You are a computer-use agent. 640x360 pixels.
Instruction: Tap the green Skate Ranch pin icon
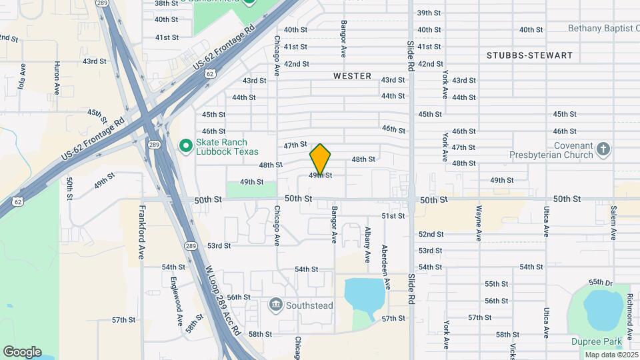[186, 144]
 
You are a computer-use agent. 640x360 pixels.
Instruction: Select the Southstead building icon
[275, 305]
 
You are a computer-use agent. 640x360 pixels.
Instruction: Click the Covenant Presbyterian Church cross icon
[603, 149]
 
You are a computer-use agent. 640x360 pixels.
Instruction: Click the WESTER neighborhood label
[352, 76]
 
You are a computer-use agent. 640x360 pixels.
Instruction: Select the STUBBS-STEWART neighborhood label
[529, 55]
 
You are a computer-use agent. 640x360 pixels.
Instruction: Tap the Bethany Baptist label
[603, 29]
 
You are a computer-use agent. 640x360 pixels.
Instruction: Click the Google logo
[22, 352]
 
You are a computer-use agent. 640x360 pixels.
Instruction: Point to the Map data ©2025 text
[611, 355]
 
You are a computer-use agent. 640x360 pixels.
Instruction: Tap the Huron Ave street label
[57, 77]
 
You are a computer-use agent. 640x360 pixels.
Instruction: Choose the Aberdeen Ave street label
[385, 267]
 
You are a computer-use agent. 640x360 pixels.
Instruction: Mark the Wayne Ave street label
[479, 223]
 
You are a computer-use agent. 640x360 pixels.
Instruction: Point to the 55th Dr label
[600, 283]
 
